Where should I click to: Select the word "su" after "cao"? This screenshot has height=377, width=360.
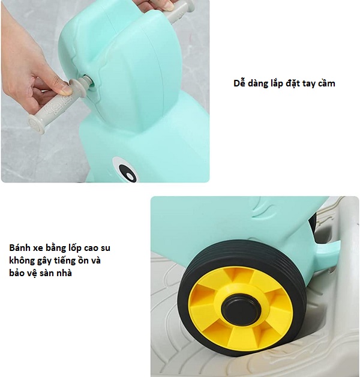[105, 249]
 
